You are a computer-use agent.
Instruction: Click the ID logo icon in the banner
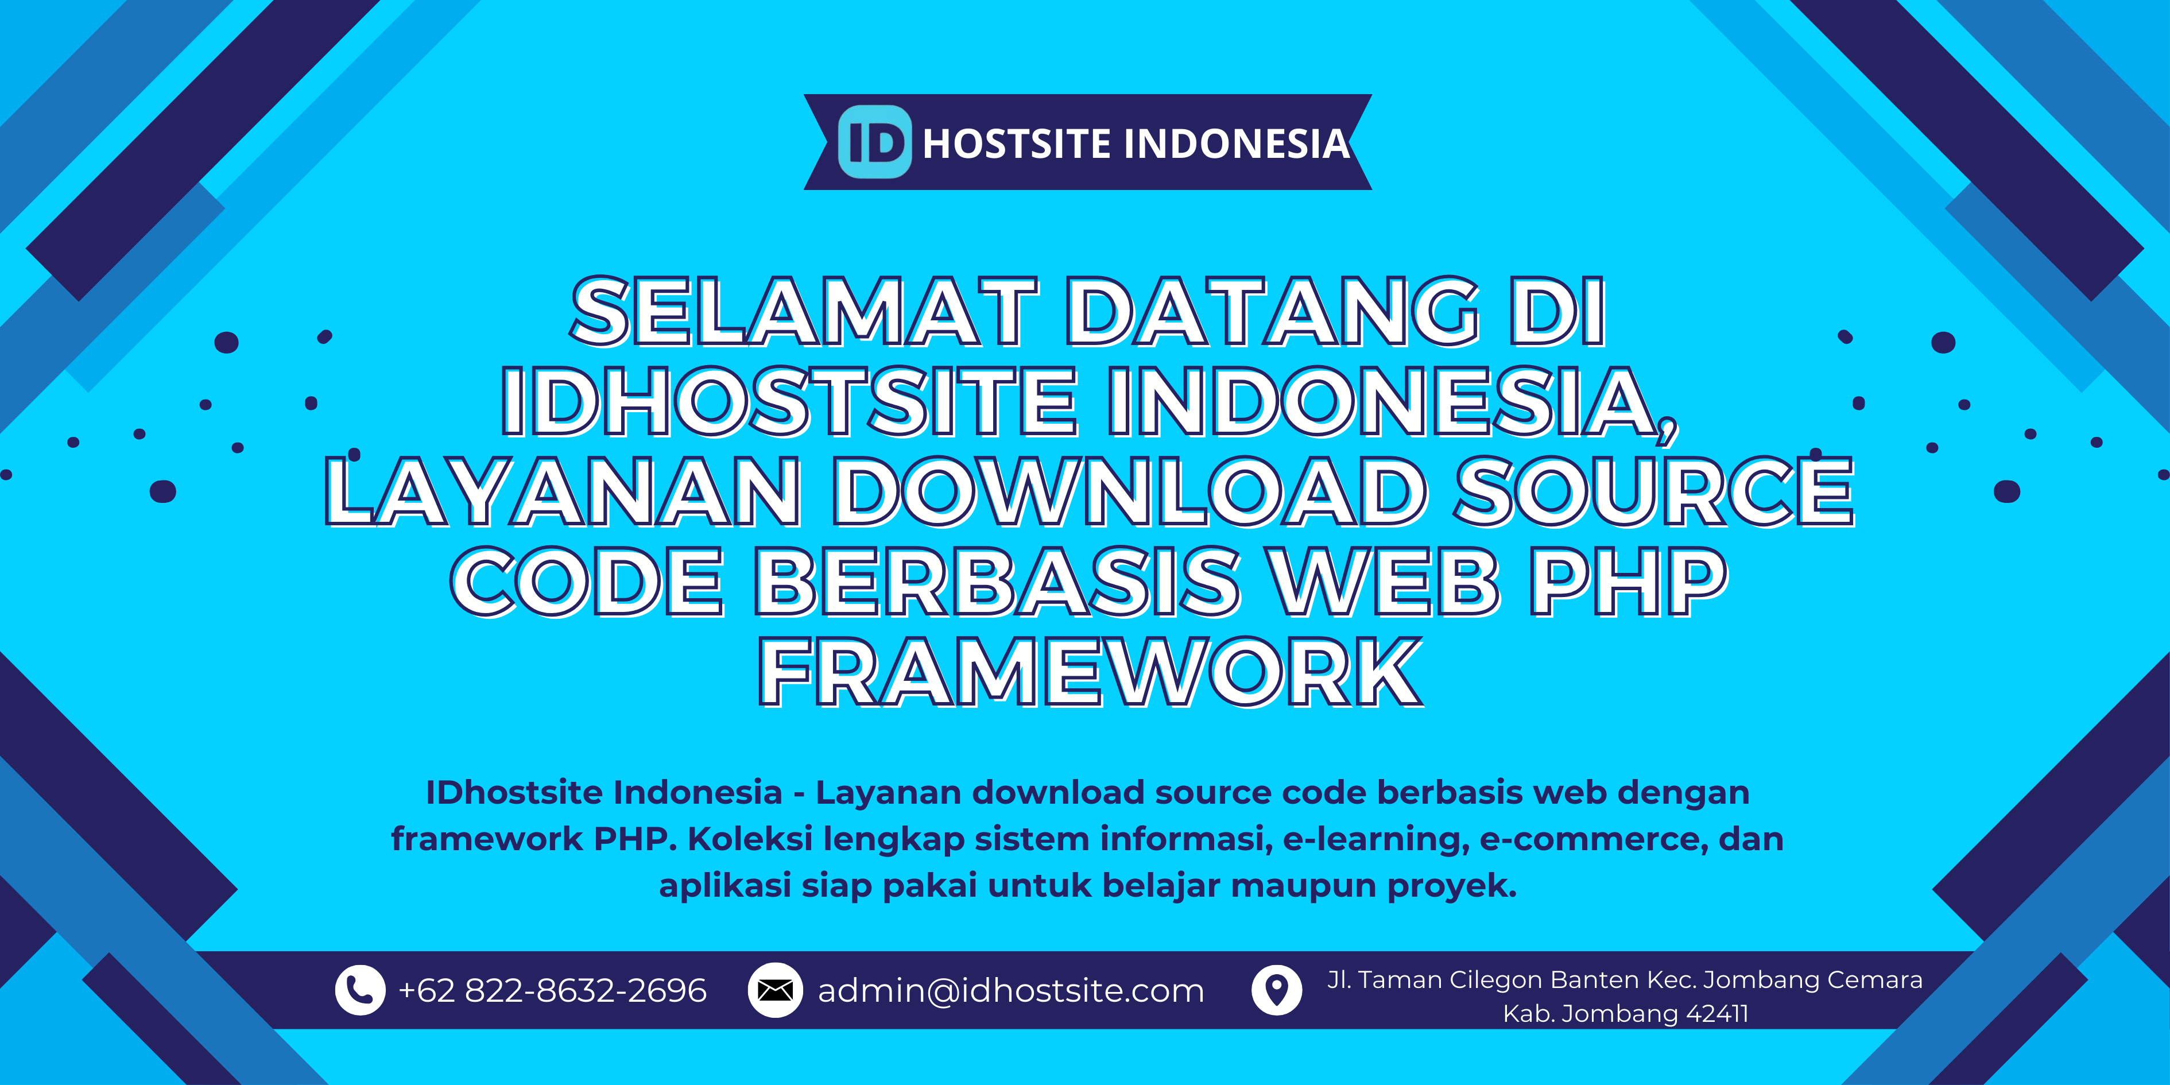[x=874, y=142]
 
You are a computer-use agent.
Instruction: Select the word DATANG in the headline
[x=1273, y=312]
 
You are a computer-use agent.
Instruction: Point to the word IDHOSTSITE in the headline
[x=789, y=402]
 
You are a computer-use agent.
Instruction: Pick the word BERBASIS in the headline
[x=997, y=581]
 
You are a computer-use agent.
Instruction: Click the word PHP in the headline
[x=1627, y=581]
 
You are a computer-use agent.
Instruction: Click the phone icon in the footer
[x=360, y=990]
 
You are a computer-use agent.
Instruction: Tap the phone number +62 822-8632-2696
[x=553, y=991]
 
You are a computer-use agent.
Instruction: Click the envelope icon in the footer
[x=775, y=990]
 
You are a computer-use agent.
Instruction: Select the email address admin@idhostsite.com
[x=1011, y=991]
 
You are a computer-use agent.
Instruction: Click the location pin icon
[x=1277, y=990]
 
